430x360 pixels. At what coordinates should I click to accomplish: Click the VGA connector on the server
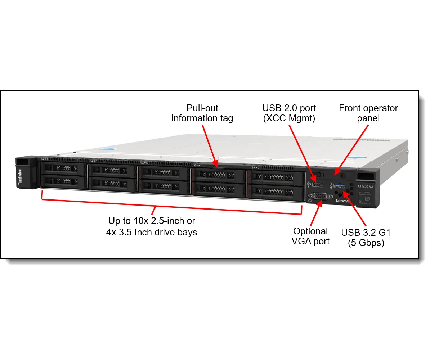pos(319,197)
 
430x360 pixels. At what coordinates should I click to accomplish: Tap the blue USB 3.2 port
pos(339,186)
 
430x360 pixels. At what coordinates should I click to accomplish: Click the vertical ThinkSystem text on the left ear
pos(20,177)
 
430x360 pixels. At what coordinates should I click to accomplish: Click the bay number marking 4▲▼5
pos(144,163)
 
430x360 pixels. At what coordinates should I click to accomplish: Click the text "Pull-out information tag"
pos(202,113)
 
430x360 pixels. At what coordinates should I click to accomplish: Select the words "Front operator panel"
pos(368,113)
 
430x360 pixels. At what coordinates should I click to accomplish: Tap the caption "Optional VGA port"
pos(310,236)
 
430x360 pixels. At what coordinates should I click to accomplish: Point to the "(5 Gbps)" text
pos(366,243)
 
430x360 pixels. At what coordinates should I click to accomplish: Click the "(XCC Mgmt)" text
pos(289,118)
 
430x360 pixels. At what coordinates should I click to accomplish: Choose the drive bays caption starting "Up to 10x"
pos(152,226)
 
